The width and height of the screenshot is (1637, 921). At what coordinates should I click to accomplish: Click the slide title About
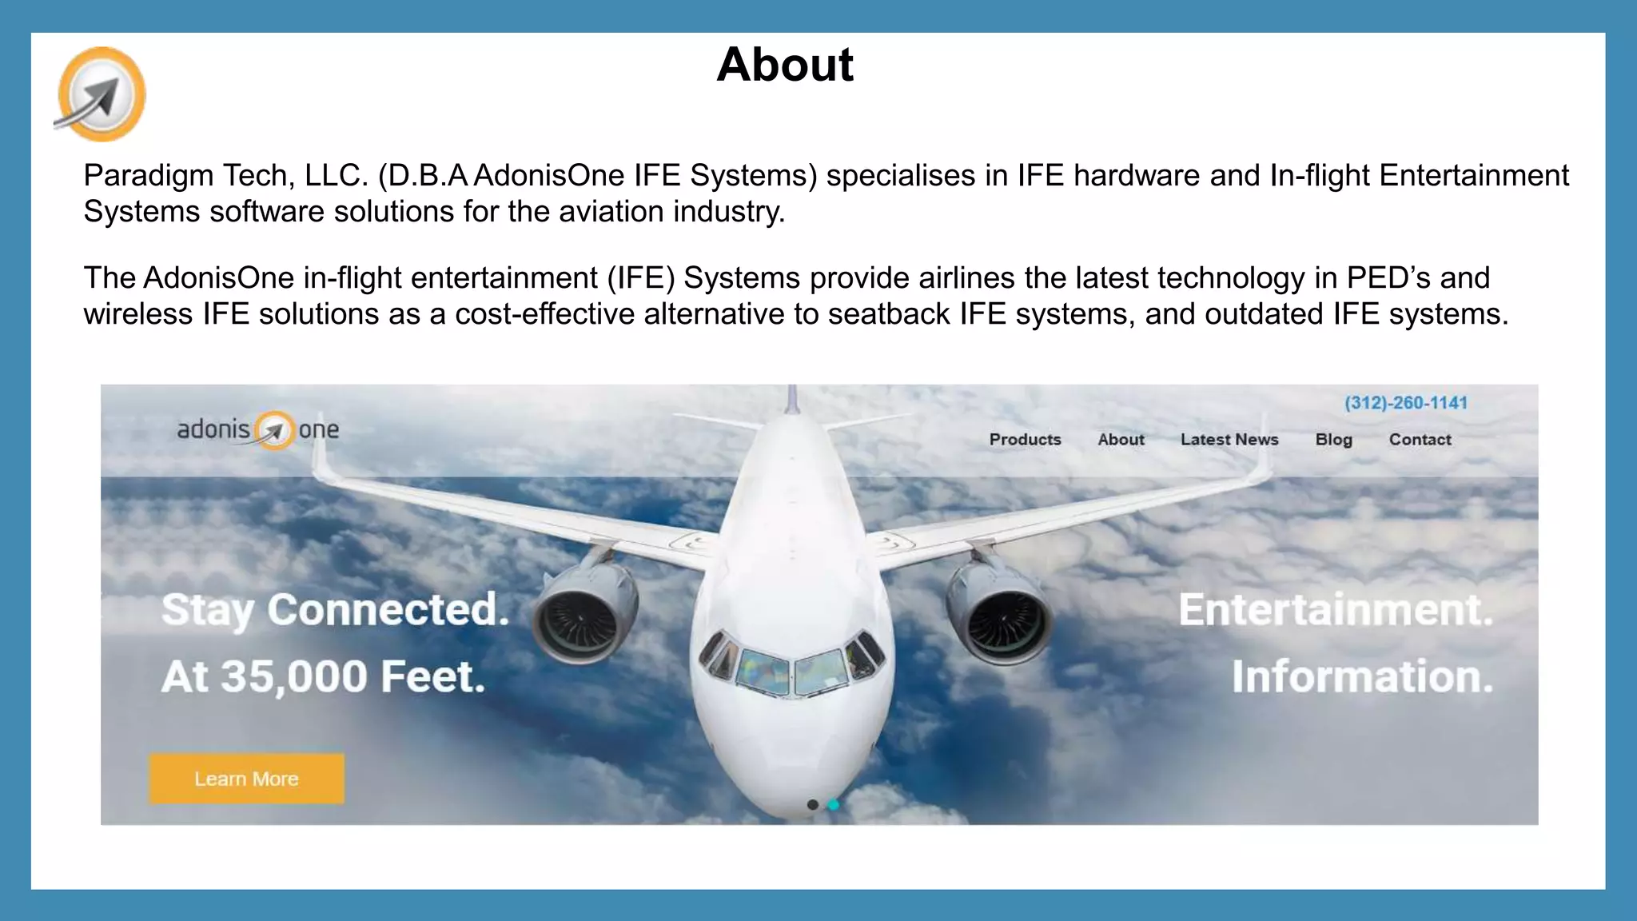[785, 65]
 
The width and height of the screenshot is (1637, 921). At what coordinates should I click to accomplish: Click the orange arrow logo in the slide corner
[101, 94]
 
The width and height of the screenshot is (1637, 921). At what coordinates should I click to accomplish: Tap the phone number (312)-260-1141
[1405, 403]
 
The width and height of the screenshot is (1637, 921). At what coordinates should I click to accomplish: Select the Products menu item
[1025, 440]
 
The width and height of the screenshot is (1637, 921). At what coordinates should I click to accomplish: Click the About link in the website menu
[1121, 440]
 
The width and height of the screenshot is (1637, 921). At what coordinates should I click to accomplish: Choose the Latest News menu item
[1229, 440]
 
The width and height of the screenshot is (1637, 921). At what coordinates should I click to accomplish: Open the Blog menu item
[1333, 440]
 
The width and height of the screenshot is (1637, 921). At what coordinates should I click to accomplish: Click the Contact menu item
[1420, 440]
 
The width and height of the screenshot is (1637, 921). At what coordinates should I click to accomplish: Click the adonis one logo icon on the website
[274, 430]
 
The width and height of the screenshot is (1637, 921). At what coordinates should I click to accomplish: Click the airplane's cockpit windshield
[791, 670]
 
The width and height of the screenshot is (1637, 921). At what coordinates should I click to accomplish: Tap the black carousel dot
[812, 805]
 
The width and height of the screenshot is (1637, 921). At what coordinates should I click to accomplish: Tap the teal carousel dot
[833, 805]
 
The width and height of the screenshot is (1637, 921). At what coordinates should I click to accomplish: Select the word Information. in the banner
[1362, 677]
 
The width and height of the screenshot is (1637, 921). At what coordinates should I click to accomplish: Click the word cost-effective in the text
[544, 314]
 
